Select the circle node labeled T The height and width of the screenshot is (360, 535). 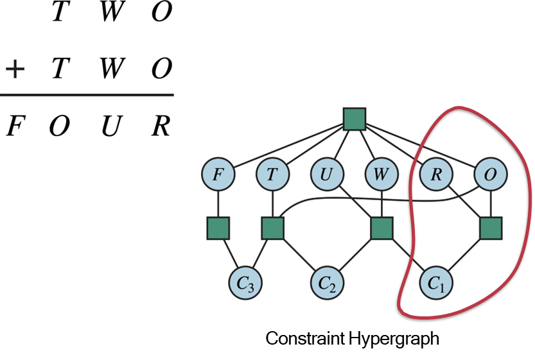click(x=273, y=174)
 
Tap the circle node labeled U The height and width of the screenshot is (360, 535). click(x=327, y=174)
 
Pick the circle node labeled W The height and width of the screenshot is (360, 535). click(x=382, y=174)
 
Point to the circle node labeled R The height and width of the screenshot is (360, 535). click(x=436, y=174)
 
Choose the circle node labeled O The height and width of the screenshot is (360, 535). click(x=491, y=174)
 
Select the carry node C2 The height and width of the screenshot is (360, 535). click(x=328, y=282)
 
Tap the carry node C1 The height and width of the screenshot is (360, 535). click(x=436, y=282)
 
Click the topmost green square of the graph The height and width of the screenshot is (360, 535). click(x=355, y=119)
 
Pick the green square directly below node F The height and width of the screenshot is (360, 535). click(x=218, y=228)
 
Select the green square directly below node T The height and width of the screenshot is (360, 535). click(x=273, y=228)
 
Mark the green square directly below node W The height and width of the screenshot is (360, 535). click(x=382, y=228)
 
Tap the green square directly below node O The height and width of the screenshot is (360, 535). click(x=491, y=228)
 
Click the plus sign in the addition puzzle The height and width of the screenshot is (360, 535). click(x=14, y=69)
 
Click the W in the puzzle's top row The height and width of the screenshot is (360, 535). click(x=110, y=13)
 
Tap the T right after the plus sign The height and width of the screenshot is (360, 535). click(x=58, y=69)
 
